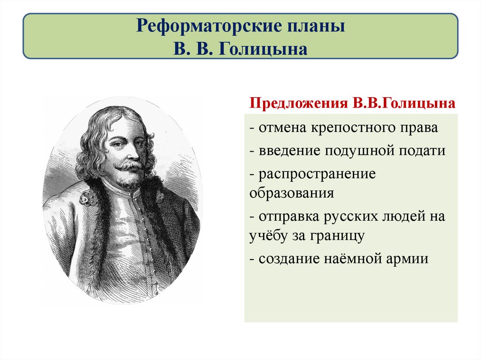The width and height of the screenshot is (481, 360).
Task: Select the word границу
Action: [337, 236]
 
